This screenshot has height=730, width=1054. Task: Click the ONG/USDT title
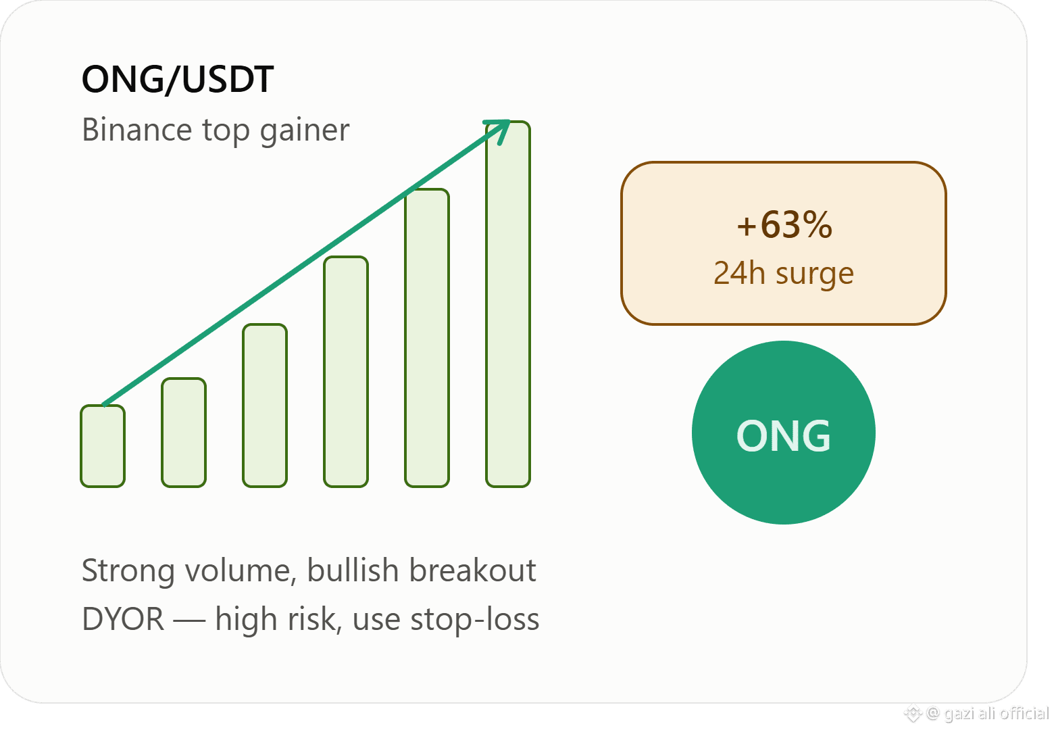pyautogui.click(x=178, y=79)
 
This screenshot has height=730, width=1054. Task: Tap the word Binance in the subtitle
pyautogui.click(x=137, y=129)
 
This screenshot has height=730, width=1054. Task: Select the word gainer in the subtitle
pyautogui.click(x=305, y=132)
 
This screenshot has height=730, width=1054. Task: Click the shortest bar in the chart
pyautogui.click(x=103, y=445)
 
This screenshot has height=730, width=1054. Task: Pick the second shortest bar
pyautogui.click(x=184, y=432)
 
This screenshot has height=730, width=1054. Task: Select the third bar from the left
pyautogui.click(x=264, y=406)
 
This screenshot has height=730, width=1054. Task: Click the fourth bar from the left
pyautogui.click(x=346, y=371)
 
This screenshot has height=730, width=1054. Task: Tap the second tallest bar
pyautogui.click(x=427, y=337)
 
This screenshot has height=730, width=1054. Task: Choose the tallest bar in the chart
pyautogui.click(x=508, y=304)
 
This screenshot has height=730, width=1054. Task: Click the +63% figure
pyautogui.click(x=784, y=224)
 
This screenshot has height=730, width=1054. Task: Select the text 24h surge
pyautogui.click(x=784, y=274)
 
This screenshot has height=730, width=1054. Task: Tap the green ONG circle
pyautogui.click(x=784, y=432)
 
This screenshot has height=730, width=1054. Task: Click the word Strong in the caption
pyautogui.click(x=128, y=571)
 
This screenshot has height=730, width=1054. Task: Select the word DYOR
pyautogui.click(x=123, y=619)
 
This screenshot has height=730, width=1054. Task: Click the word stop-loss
pyautogui.click(x=475, y=620)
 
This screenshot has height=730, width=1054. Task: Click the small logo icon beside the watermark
pyautogui.click(x=913, y=714)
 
